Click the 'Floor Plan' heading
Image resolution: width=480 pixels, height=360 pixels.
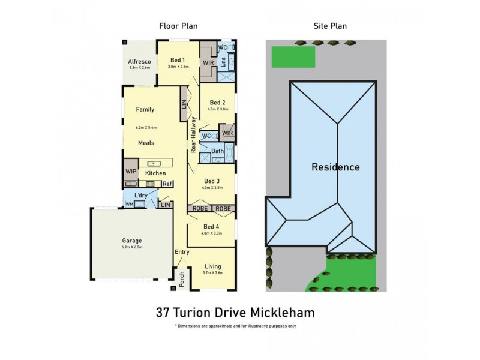point(178,26)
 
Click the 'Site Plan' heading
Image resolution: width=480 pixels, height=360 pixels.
point(330,26)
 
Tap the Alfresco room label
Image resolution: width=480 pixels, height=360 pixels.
point(139,61)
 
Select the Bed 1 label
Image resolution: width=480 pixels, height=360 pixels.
point(178,59)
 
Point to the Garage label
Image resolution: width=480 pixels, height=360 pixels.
point(132,241)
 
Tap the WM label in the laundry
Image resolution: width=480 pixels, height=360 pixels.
point(128,205)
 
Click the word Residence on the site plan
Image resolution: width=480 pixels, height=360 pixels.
point(335,167)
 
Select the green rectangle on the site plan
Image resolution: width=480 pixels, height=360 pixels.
point(294,58)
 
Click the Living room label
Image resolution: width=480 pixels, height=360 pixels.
point(213,266)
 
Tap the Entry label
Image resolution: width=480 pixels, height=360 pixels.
point(182,252)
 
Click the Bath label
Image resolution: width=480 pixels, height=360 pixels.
point(217,151)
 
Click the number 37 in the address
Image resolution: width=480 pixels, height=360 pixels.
point(162,313)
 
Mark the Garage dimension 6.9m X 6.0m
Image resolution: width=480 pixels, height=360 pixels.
point(132,247)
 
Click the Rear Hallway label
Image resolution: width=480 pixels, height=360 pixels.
point(194,136)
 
